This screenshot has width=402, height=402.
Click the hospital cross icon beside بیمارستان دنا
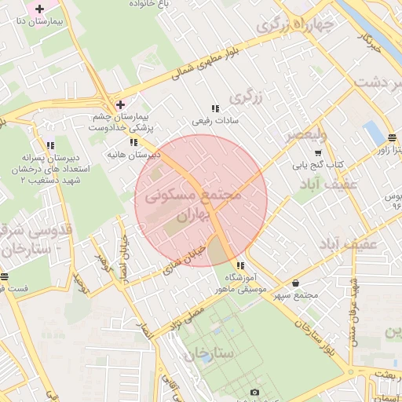point(40,8)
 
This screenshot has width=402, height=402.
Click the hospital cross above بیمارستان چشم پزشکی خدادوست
point(119,104)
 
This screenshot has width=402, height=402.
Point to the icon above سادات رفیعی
point(215,109)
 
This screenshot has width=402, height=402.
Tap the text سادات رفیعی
point(215,122)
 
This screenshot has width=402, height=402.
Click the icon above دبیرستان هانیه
point(134,142)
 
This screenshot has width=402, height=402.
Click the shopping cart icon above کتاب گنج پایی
point(318,153)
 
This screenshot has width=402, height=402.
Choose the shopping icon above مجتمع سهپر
point(295,283)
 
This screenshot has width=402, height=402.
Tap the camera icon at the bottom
point(254,392)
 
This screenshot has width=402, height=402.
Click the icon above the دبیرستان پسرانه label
point(51,145)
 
